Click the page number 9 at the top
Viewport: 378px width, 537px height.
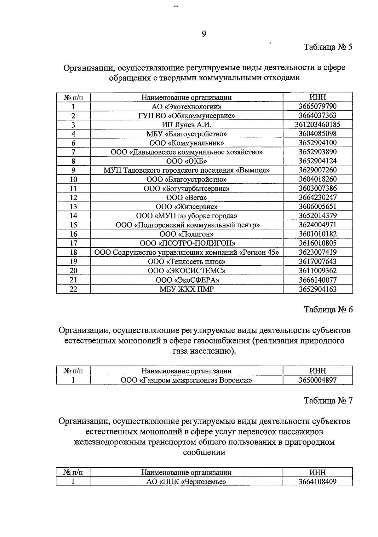point(204,34)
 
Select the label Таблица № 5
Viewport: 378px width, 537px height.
point(328,47)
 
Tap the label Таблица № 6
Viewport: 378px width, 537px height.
point(328,309)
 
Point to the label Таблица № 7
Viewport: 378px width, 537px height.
point(328,401)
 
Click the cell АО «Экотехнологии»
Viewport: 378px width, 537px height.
point(186,107)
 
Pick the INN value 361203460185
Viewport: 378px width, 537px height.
point(318,124)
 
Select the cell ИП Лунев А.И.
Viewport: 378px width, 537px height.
point(186,125)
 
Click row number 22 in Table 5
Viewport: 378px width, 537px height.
point(73,289)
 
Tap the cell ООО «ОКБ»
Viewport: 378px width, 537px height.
point(186,161)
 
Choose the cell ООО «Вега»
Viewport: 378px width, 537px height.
point(186,198)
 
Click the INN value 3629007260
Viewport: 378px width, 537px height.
point(318,170)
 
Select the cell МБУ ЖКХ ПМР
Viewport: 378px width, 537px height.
point(186,289)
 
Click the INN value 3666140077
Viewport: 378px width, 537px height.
point(318,280)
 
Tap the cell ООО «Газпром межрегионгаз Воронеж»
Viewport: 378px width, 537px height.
point(186,380)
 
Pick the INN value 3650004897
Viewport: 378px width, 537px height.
point(318,380)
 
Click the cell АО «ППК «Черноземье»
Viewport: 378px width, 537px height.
point(186,482)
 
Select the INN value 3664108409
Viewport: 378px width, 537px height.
point(318,482)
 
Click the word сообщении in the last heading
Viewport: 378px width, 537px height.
point(204,453)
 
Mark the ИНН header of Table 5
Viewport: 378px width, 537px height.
point(318,97)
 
